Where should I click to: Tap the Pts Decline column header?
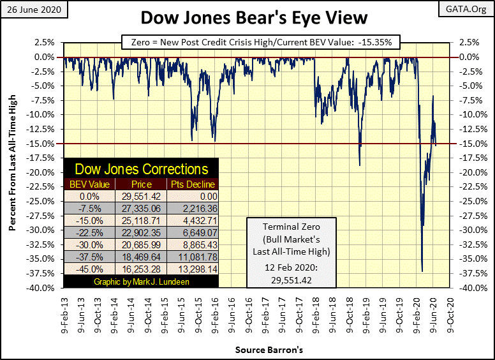click(x=191, y=184)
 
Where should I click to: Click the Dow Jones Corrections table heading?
click(x=142, y=169)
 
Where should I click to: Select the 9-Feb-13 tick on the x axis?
click(x=64, y=313)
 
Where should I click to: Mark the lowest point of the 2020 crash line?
click(x=422, y=271)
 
